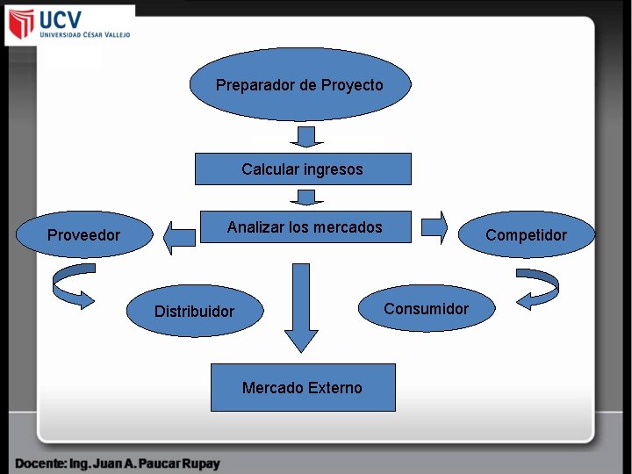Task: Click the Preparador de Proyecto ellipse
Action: click(299, 84)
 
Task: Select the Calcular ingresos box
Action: click(302, 169)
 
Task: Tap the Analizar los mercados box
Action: click(305, 227)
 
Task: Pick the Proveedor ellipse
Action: click(83, 234)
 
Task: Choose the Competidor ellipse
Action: click(526, 234)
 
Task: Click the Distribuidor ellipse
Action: click(194, 311)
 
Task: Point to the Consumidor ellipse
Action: click(426, 308)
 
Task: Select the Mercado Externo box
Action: click(302, 387)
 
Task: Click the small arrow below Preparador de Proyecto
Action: click(305, 136)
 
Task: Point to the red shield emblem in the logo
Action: click(21, 25)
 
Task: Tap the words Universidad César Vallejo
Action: click(85, 35)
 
